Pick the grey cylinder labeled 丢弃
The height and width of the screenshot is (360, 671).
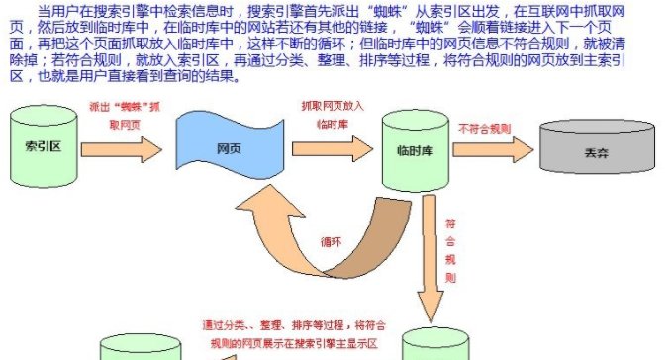595,153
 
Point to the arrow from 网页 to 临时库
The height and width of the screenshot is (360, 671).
336,148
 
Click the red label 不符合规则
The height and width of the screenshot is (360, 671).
485,128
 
